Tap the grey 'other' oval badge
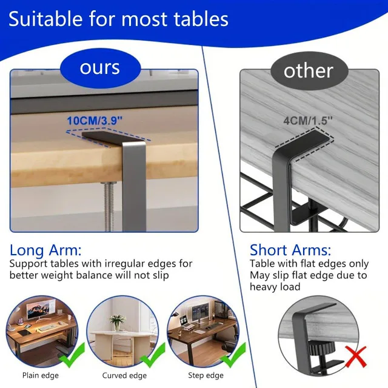coord(309,71)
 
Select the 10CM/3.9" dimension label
coord(95,121)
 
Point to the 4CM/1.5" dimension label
coord(309,120)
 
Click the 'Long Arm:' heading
coord(45,250)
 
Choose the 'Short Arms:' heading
coord(290,250)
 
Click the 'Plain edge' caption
coord(41,375)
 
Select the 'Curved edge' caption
coord(124,375)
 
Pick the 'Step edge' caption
coord(206,375)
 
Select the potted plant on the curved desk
coord(117,322)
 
